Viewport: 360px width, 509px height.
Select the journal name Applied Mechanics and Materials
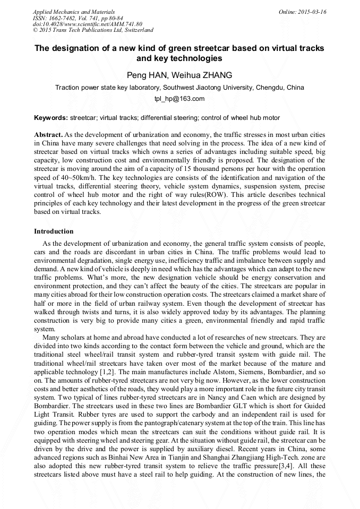tap(74, 12)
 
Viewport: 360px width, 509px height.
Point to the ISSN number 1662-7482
tap(63, 18)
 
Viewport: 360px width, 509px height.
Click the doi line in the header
tap(88, 24)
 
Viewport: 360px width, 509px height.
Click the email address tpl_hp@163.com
tap(179, 99)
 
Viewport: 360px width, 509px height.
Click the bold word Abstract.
tap(48, 135)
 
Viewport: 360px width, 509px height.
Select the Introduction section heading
tap(54, 231)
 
